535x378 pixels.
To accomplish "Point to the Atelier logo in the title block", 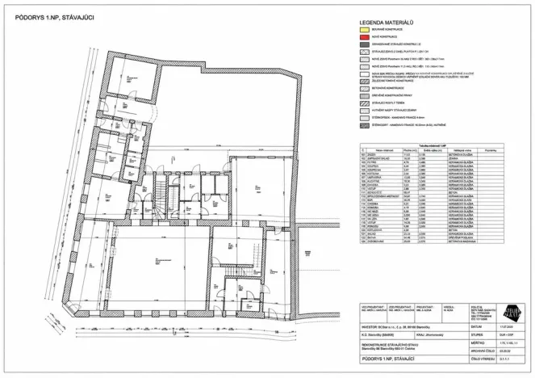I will [x=513, y=311].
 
